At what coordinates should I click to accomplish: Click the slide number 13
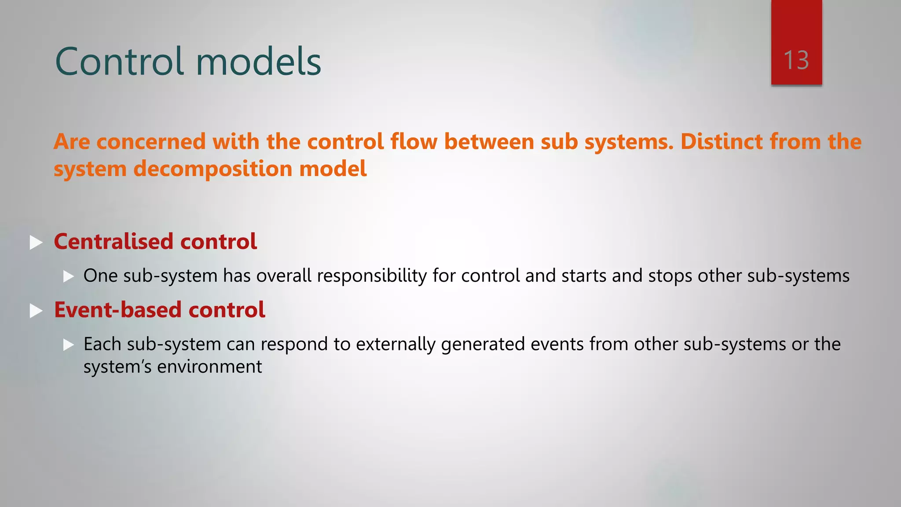[796, 60]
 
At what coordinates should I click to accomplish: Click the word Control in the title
[119, 62]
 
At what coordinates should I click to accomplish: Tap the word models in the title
[258, 62]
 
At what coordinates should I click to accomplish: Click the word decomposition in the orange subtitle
[213, 169]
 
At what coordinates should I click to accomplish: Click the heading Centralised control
[155, 242]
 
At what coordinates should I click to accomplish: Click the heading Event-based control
[159, 310]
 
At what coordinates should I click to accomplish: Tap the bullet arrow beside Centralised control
[36, 242]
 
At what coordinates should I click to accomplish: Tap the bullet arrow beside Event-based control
[36, 311]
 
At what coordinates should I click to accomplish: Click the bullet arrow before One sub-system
[68, 276]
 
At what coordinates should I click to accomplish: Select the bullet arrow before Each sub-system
[68, 345]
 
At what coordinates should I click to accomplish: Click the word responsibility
[372, 276]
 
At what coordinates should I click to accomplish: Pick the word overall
[284, 276]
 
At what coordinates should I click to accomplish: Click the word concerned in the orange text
[151, 142]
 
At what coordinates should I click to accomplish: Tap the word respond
[294, 345]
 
